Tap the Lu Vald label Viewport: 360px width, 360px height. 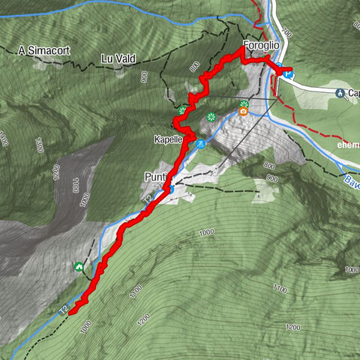pos(118,58)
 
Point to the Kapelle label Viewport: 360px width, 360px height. pos(169,139)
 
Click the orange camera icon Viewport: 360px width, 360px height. pos(244,112)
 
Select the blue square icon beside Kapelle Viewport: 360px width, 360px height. pos(201,144)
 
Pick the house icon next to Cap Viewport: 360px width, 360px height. pos(340,93)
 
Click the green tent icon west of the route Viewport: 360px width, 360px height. pos(79,265)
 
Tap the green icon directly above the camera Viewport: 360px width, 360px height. pos(244,103)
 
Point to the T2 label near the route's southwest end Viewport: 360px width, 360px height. pos(64,308)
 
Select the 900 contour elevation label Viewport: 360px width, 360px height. pos(271,178)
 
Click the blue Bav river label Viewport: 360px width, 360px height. pos(351,180)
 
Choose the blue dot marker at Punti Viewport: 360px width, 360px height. pos(172,189)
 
